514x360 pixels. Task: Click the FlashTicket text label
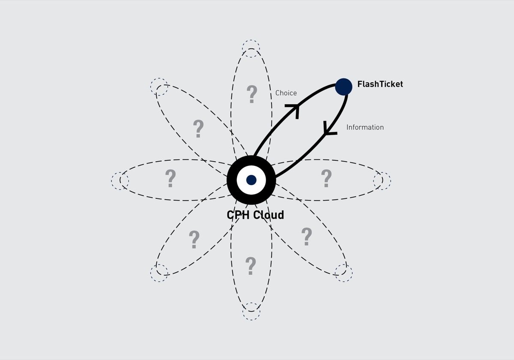pos(380,84)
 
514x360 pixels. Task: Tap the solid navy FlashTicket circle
pos(344,87)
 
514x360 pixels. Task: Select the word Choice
pos(286,93)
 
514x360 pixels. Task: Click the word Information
pos(365,127)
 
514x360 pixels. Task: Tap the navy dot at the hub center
pos(251,180)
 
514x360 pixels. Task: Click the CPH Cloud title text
pos(255,215)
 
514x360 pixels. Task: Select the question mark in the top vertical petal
pos(252,94)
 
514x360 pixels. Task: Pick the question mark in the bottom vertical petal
pos(251,266)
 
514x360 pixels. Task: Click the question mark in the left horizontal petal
pos(170,179)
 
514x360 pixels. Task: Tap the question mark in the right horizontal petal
pos(326,178)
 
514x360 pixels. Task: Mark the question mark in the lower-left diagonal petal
pos(194,240)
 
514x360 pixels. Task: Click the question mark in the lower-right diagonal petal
pos(306,237)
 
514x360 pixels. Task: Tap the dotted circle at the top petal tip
pos(251,48)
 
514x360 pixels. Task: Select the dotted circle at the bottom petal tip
pos(251,312)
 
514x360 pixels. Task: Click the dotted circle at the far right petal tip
pos(382,180)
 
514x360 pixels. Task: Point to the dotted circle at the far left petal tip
pos(120,180)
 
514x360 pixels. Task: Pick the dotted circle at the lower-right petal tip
pos(344,273)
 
